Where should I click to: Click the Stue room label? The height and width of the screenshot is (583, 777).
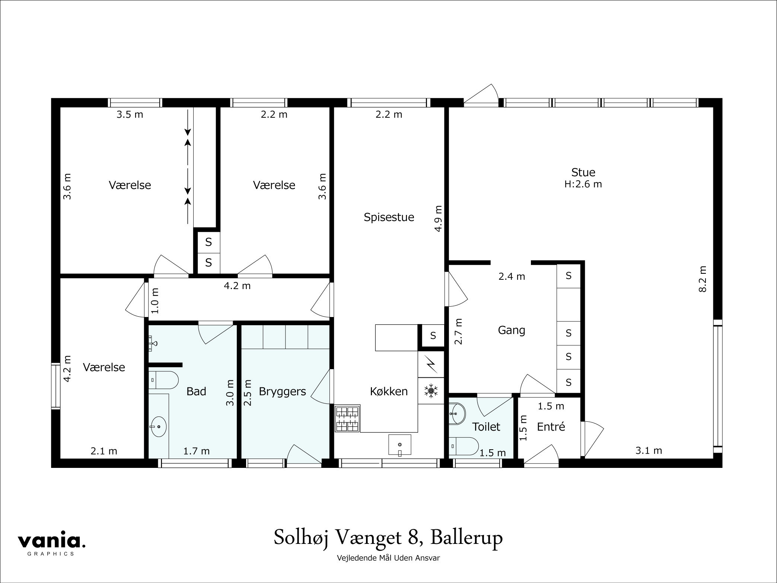point(583,172)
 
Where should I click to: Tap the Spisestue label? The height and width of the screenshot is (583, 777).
point(389,217)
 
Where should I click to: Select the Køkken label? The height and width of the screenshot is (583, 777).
point(389,391)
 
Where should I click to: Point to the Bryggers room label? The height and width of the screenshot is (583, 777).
point(282,392)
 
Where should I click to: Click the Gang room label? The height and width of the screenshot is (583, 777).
point(512,330)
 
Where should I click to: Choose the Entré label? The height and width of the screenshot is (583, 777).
point(551,427)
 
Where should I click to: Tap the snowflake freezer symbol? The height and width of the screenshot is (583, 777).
point(431,391)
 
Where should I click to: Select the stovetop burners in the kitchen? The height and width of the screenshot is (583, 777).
point(347,419)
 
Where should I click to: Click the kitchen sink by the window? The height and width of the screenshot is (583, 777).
point(399,446)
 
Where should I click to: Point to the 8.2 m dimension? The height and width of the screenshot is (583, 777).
point(703,279)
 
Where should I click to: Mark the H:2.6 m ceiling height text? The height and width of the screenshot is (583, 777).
point(583,184)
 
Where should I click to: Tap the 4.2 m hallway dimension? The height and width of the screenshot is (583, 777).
point(237,286)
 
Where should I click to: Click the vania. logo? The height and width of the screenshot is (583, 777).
point(52,541)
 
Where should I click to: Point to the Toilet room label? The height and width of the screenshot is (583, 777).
point(486,427)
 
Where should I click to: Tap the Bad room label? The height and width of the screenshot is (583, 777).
point(196,391)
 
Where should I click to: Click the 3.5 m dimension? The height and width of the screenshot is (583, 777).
point(130,114)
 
